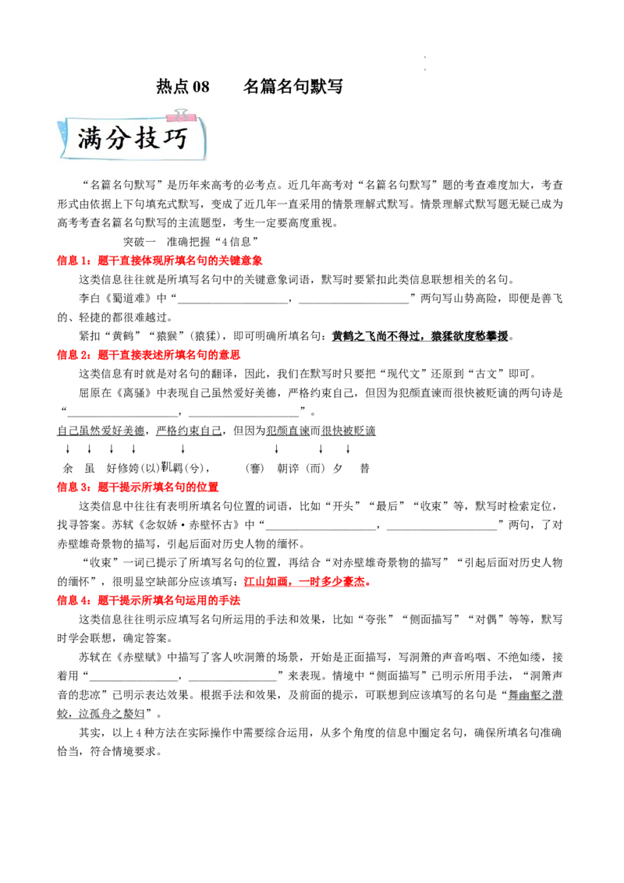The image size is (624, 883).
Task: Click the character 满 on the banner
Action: tap(92, 139)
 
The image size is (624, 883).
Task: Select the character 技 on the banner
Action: tap(148, 139)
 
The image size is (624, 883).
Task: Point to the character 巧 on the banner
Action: tap(175, 139)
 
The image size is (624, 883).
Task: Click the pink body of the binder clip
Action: tap(181, 118)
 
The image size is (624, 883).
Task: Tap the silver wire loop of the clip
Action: tap(182, 112)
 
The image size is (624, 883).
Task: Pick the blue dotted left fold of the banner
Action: tap(62, 141)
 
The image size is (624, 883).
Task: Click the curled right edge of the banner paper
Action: tap(204, 140)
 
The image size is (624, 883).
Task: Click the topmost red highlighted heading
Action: tap(161, 261)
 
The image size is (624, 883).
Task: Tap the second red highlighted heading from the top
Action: tap(149, 355)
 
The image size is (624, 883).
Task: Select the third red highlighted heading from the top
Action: tap(140, 488)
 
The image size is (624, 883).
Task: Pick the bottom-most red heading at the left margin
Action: tap(149, 601)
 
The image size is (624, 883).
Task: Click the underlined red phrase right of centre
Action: tap(305, 582)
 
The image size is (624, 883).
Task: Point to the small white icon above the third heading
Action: tap(165, 466)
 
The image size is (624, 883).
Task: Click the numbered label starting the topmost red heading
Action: tap(74, 261)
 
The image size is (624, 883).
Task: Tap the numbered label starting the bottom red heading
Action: tap(74, 601)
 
